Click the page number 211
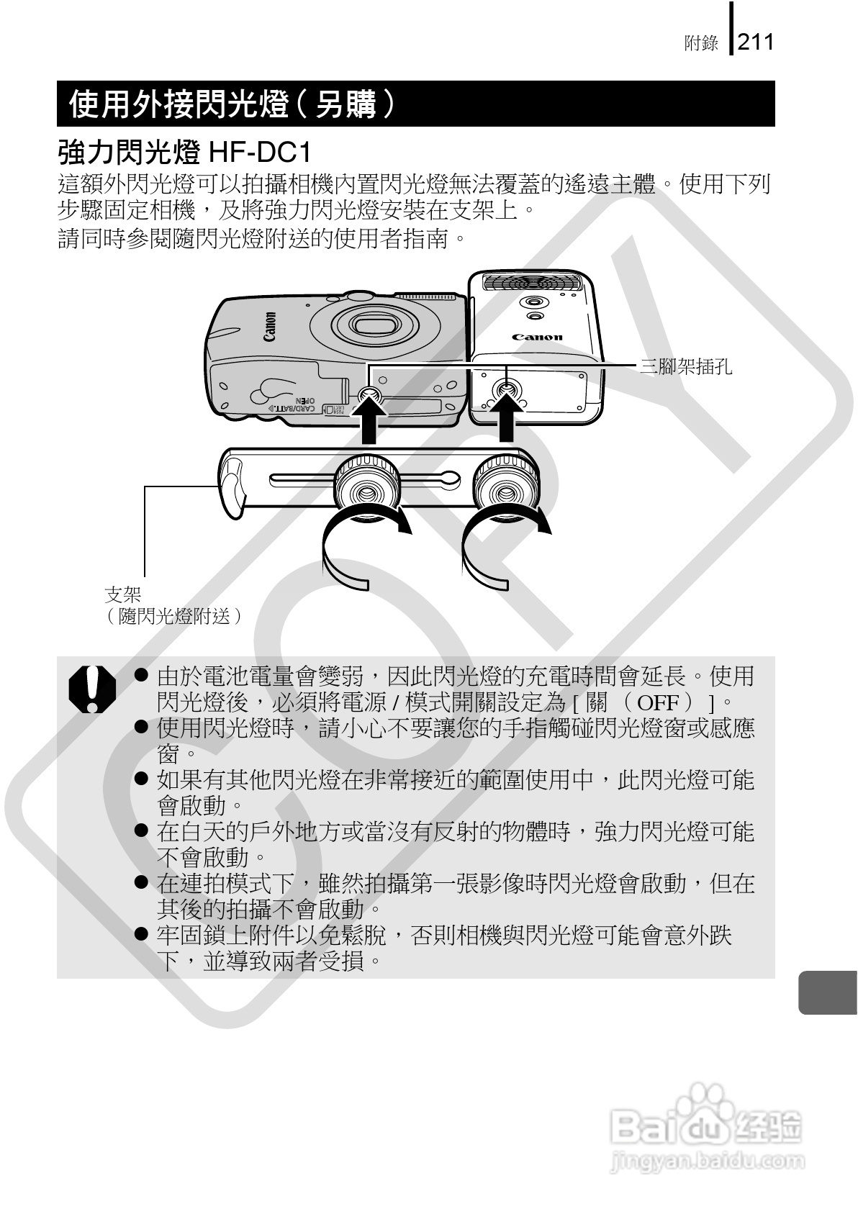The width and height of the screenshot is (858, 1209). [x=755, y=41]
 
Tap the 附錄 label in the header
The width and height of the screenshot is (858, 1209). [x=701, y=43]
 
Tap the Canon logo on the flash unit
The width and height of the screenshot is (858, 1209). [x=537, y=337]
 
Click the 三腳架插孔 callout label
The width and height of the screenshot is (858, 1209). [x=686, y=367]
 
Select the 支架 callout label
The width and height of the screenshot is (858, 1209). [x=123, y=594]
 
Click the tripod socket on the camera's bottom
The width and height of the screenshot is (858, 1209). [x=369, y=395]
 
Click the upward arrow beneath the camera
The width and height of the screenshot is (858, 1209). [x=369, y=423]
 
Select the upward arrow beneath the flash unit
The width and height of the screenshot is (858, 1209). [x=506, y=421]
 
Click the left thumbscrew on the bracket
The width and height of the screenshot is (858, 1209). [x=367, y=489]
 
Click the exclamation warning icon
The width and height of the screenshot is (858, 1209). [x=92, y=689]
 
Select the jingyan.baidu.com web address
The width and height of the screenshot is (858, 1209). [x=706, y=1161]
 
